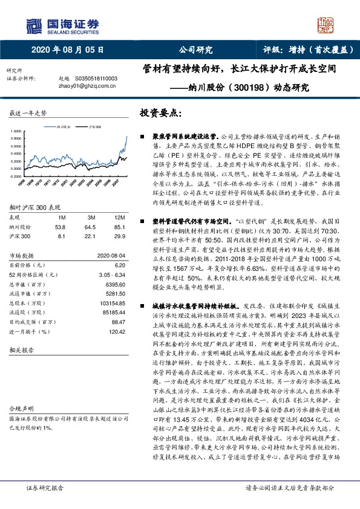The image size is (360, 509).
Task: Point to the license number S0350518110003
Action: (96, 79)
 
